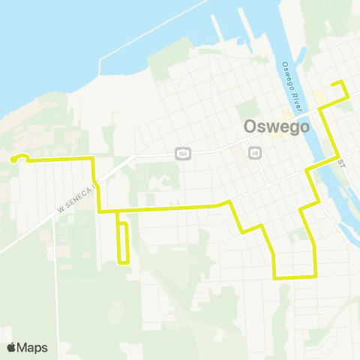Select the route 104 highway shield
point(181,153)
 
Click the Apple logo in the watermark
point(11,347)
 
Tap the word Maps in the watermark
point(33,347)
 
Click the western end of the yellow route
point(13,159)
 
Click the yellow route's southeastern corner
point(315,276)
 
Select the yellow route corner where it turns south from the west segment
point(92,159)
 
